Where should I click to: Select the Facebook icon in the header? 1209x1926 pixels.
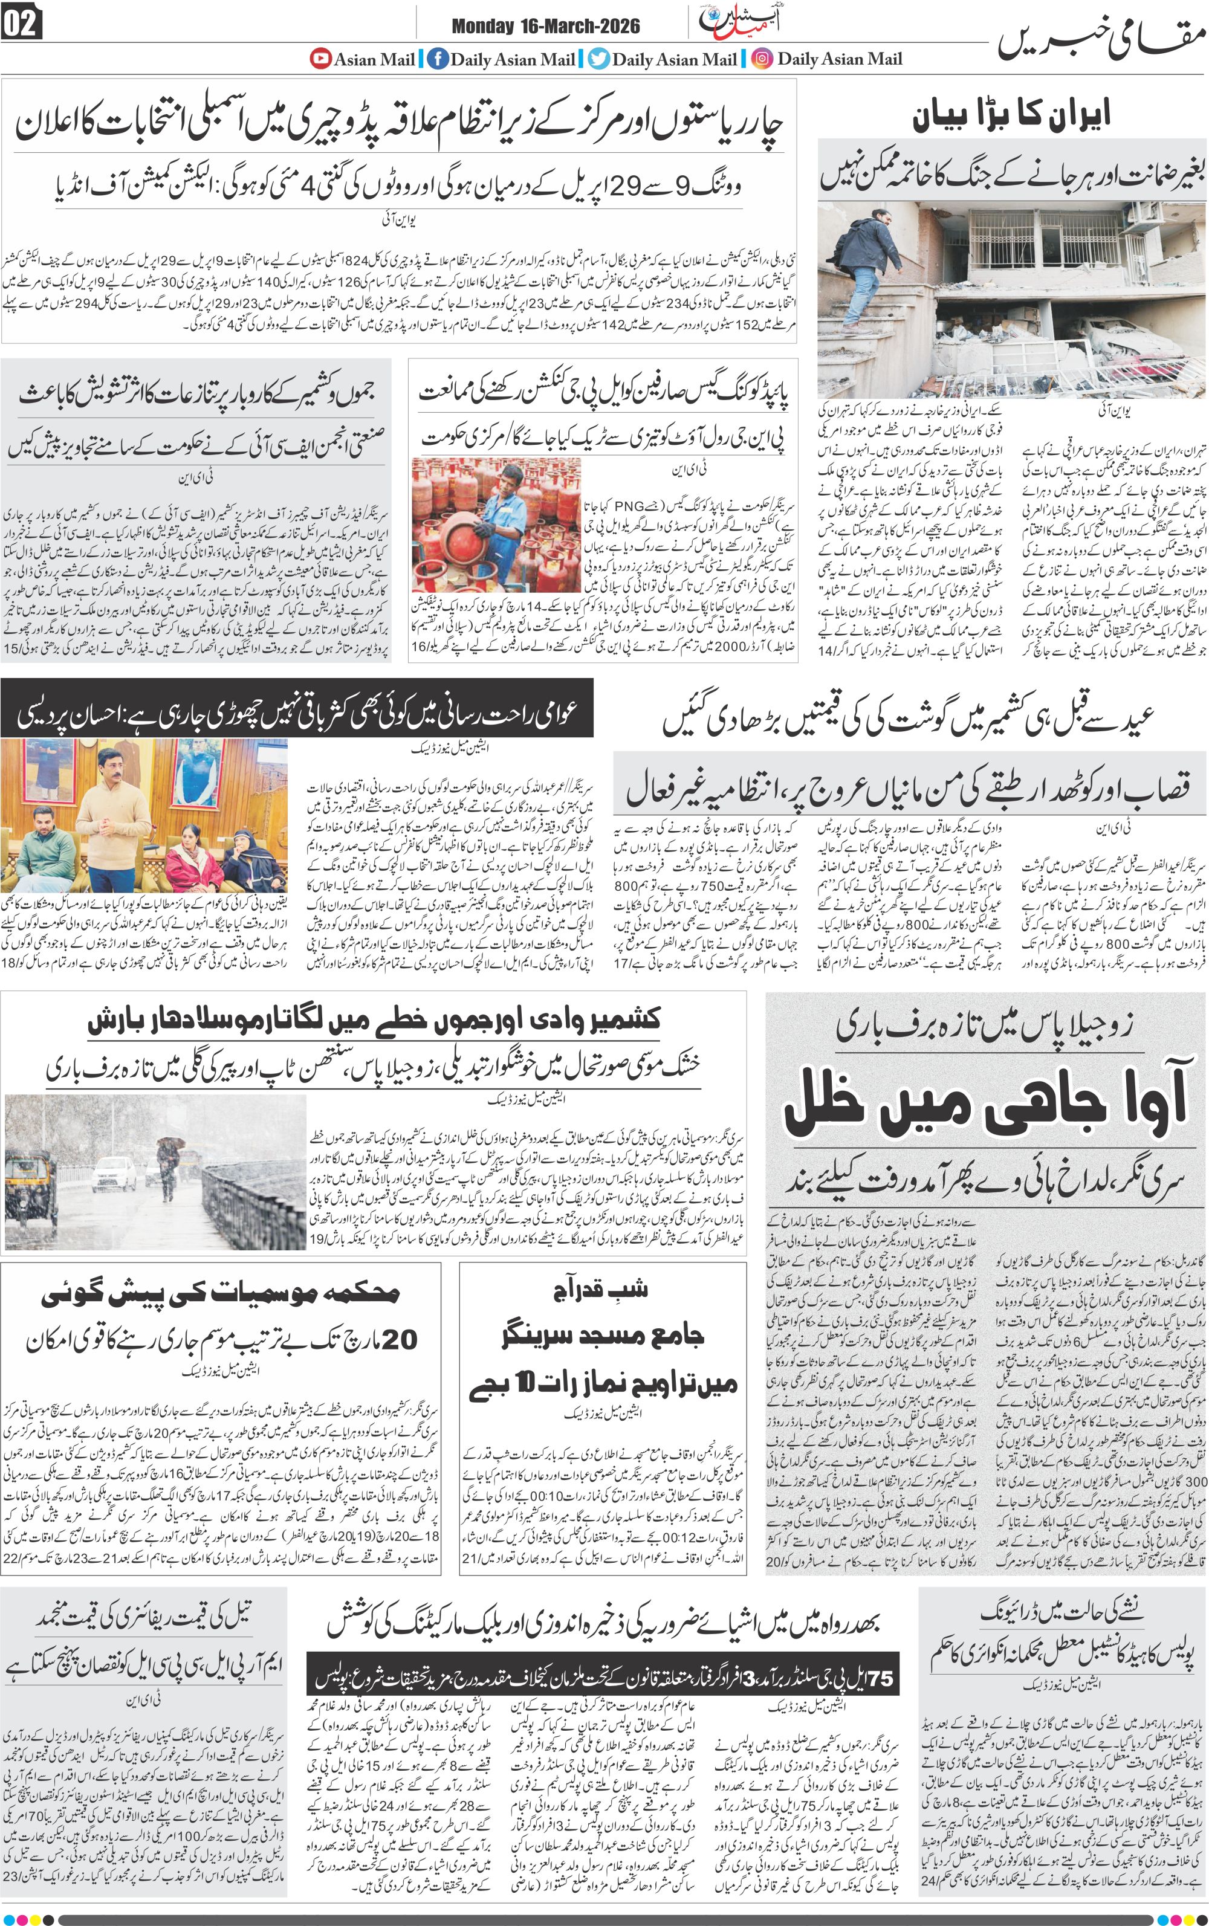[436, 59]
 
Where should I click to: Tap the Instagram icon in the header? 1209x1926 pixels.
[762, 59]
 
